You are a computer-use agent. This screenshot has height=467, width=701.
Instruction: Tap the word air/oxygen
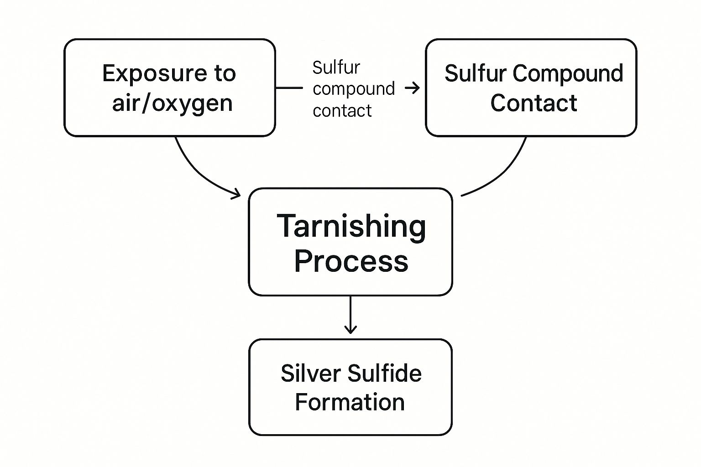click(x=172, y=104)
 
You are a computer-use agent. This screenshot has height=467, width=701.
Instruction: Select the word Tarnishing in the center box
click(x=351, y=227)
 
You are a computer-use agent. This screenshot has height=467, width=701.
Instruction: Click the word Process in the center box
click(x=351, y=261)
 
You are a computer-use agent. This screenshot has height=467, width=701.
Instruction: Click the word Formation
click(x=350, y=402)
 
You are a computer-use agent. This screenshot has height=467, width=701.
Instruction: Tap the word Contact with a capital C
click(x=534, y=103)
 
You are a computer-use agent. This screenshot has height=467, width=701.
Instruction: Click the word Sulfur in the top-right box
click(x=475, y=73)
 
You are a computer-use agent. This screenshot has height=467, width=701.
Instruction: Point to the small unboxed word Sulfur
click(x=336, y=68)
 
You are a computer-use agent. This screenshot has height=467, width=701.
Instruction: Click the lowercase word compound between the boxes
click(x=354, y=88)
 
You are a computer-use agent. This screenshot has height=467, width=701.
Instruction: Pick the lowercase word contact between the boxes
click(x=342, y=111)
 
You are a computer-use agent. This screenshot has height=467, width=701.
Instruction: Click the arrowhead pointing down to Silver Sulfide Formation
click(x=350, y=329)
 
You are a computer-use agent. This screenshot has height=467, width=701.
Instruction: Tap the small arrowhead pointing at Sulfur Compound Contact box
click(x=414, y=88)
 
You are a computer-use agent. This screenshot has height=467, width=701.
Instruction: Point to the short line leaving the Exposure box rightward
click(x=289, y=88)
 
